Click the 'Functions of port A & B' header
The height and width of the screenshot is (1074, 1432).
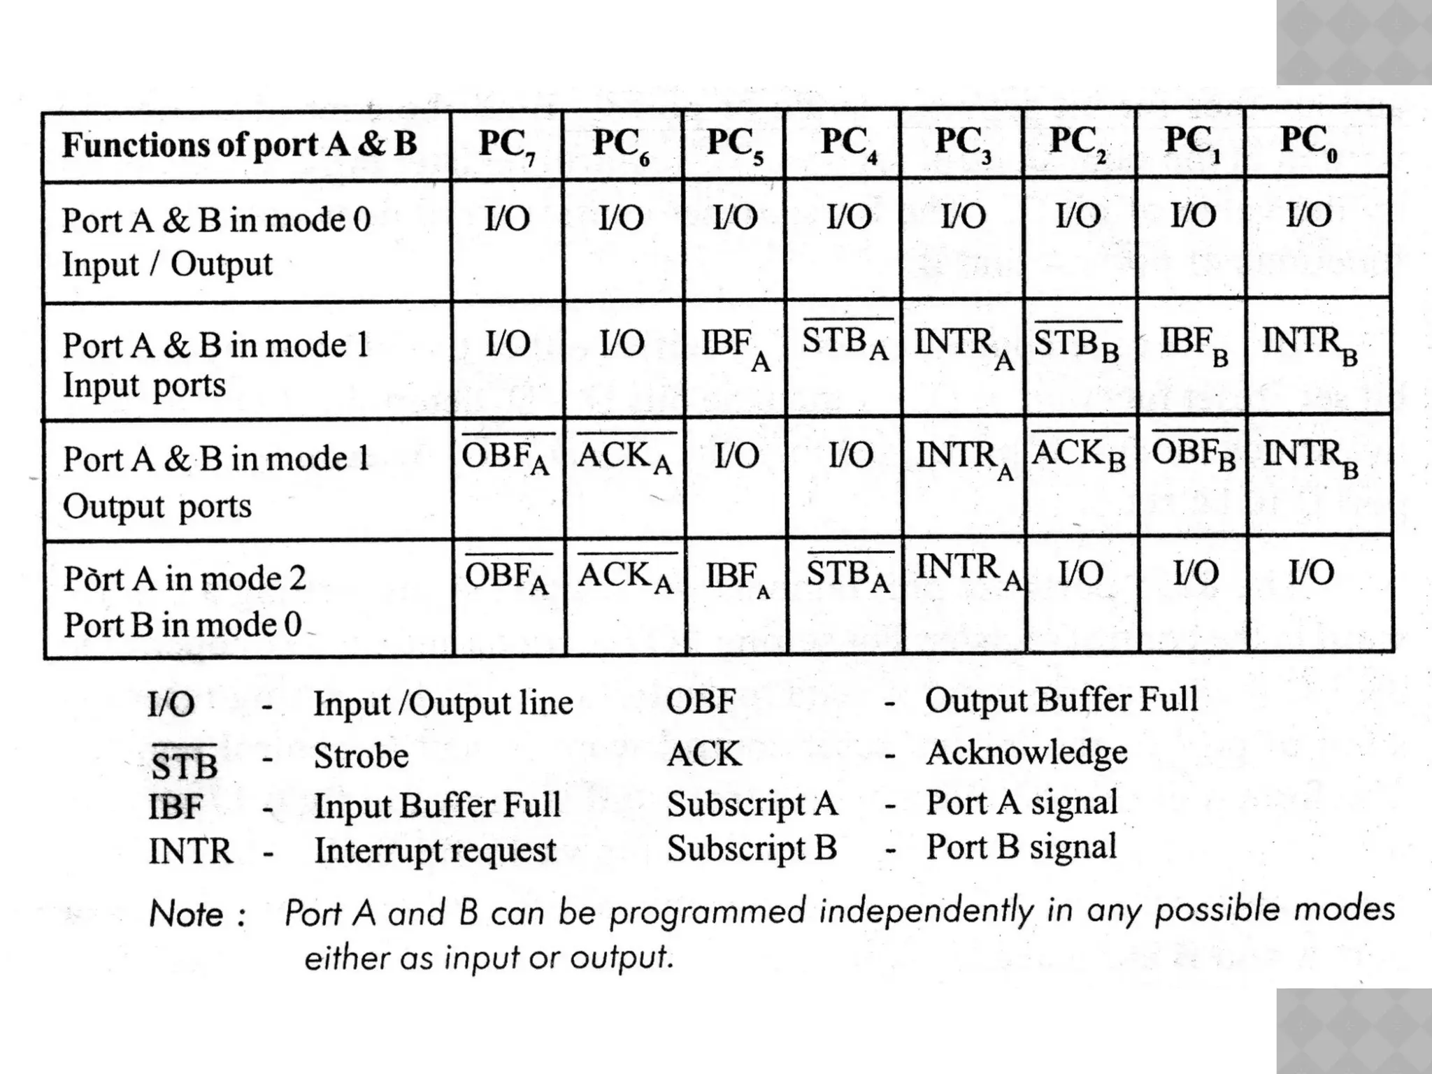(x=239, y=145)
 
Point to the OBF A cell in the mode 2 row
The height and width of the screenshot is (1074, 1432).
(x=507, y=578)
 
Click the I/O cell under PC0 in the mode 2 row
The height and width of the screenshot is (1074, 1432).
(x=1312, y=573)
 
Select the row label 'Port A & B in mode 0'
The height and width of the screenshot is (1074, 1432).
(x=216, y=220)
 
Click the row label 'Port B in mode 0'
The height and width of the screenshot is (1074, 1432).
(x=182, y=624)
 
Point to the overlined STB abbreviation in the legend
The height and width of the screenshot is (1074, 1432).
(x=184, y=764)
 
